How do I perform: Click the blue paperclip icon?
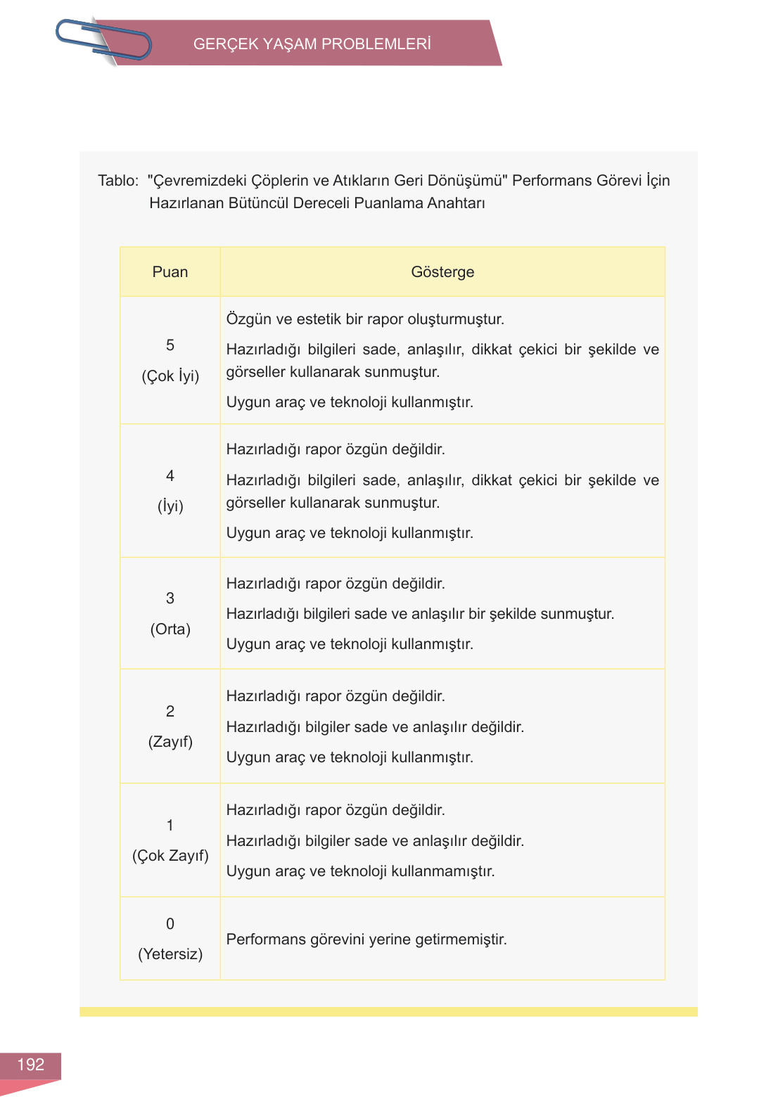click(x=103, y=41)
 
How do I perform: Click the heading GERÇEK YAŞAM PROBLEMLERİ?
click(x=312, y=44)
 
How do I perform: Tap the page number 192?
click(x=30, y=1065)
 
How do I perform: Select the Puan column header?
click(x=170, y=272)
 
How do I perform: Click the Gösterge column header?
click(x=442, y=272)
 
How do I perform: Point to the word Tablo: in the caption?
click(x=118, y=181)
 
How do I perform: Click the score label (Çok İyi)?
click(x=170, y=376)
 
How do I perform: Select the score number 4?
click(x=170, y=476)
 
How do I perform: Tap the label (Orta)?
click(x=170, y=629)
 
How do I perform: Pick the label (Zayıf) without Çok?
click(x=170, y=742)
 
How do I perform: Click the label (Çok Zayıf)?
click(x=170, y=856)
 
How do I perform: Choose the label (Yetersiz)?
click(x=170, y=954)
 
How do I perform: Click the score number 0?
click(x=170, y=924)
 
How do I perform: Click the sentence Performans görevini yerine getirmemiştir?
click(x=366, y=939)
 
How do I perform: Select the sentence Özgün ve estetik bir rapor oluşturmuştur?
click(x=365, y=319)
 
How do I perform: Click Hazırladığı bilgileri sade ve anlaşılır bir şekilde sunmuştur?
click(x=420, y=614)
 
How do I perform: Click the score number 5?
click(x=170, y=345)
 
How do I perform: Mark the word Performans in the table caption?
click(x=551, y=181)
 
